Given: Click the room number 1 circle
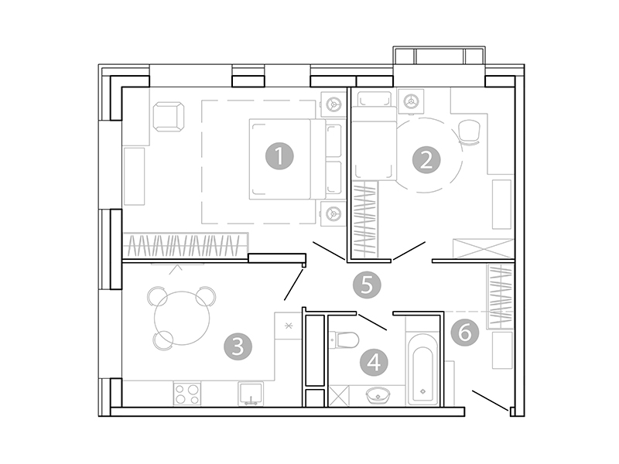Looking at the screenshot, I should coord(279,157).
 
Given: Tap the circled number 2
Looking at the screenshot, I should coord(425,160).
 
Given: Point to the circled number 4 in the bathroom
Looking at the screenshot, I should coord(374,361).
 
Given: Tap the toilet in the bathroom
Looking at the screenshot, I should coord(343,339).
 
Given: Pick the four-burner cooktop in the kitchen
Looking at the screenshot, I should coord(186,394).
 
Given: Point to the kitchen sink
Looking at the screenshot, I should coord(251,394).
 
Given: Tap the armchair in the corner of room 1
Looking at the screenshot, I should coord(169,118).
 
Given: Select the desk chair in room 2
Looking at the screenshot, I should coord(470,132).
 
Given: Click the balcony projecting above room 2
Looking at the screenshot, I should coord(439,57).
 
